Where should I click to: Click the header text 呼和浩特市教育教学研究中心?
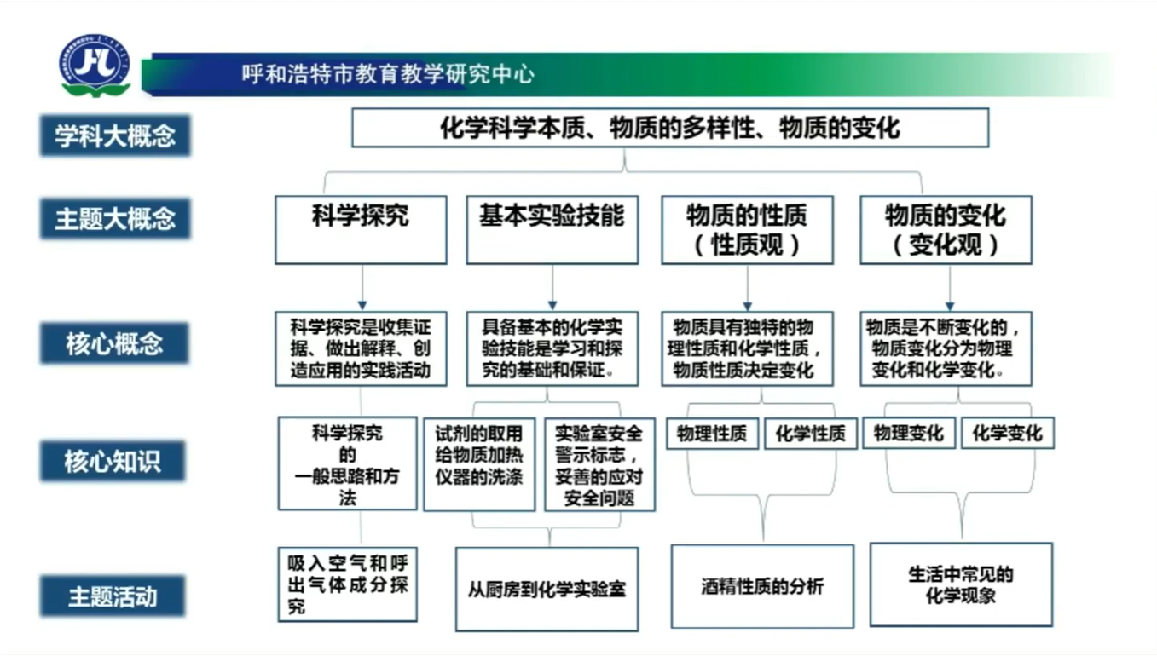388,74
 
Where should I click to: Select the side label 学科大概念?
115,135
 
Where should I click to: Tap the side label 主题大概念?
115,218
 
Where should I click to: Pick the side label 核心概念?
114,343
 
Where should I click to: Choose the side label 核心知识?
113,461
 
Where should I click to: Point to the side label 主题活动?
113,596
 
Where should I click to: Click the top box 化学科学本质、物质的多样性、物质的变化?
670,128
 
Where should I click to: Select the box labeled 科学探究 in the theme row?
361,230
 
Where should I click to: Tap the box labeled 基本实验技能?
552,230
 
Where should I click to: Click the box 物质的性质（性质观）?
748,230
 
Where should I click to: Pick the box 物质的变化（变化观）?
946,230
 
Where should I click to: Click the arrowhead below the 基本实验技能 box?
552,306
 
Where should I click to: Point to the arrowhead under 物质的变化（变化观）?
950,306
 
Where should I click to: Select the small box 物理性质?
712,434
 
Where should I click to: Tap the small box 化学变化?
1008,433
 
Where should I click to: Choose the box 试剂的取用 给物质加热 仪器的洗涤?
479,464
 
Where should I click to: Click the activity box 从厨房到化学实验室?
547,590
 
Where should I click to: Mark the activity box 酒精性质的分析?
762,586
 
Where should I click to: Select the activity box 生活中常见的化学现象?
961,584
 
